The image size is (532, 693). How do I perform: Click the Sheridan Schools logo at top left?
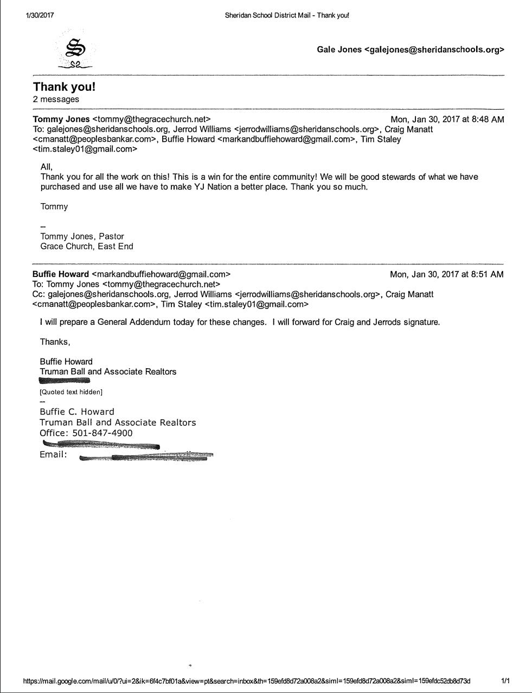pos(75,52)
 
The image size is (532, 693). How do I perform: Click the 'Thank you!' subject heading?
pos(64,87)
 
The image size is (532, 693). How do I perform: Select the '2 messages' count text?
pos(56,99)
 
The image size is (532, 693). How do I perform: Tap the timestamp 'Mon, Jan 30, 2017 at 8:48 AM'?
pos(447,119)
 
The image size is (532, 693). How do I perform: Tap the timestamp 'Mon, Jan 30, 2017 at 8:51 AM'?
pos(446,274)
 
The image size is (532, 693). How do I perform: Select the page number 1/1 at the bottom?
pos(505,681)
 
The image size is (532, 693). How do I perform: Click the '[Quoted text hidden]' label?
pos(71,392)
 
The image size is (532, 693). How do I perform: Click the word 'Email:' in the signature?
pos(53,455)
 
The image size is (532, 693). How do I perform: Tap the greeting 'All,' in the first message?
pos(47,167)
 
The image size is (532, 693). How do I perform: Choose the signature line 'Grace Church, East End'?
pos(87,246)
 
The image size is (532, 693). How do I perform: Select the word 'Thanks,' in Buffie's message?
pos(55,342)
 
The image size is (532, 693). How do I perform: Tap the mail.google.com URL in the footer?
pos(247,681)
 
